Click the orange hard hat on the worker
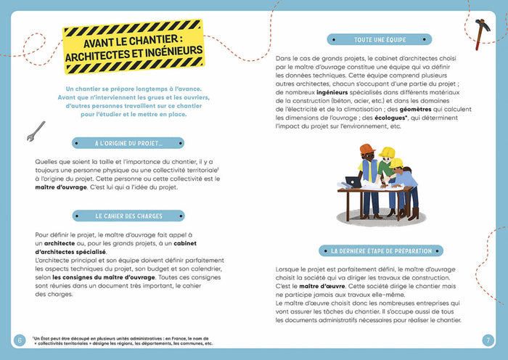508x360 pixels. pyautogui.click(x=366, y=149)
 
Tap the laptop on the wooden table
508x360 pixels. pyautogui.click(x=353, y=182)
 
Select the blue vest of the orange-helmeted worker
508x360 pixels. pyautogui.click(x=369, y=171)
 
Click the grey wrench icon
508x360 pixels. pyautogui.click(x=36, y=131)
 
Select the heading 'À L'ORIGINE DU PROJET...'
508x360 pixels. pyautogui.click(x=128, y=143)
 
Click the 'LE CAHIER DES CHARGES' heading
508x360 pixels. pyautogui.click(x=128, y=216)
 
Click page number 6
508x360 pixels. pyautogui.click(x=19, y=340)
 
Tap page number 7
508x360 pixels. pyautogui.click(x=488, y=340)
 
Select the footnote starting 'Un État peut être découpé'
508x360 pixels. pyautogui.click(x=123, y=340)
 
